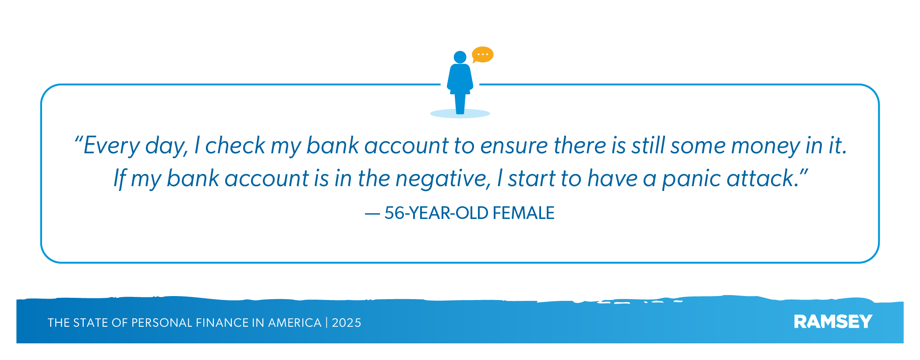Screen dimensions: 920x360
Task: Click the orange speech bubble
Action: [482, 54]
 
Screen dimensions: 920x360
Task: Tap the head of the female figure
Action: [460, 57]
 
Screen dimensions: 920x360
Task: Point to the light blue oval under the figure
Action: [460, 114]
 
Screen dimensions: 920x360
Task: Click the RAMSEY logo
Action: [833, 322]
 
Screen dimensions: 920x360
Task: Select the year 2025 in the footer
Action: [347, 323]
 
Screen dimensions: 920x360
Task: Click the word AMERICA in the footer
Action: [294, 323]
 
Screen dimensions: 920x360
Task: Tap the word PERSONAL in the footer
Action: [162, 323]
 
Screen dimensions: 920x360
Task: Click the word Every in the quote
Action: [111, 146]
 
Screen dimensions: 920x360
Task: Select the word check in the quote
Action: [235, 145]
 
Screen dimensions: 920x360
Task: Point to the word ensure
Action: [514, 146]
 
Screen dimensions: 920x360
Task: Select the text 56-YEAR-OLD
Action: [436, 213]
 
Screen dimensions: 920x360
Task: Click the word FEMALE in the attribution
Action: [524, 213]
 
